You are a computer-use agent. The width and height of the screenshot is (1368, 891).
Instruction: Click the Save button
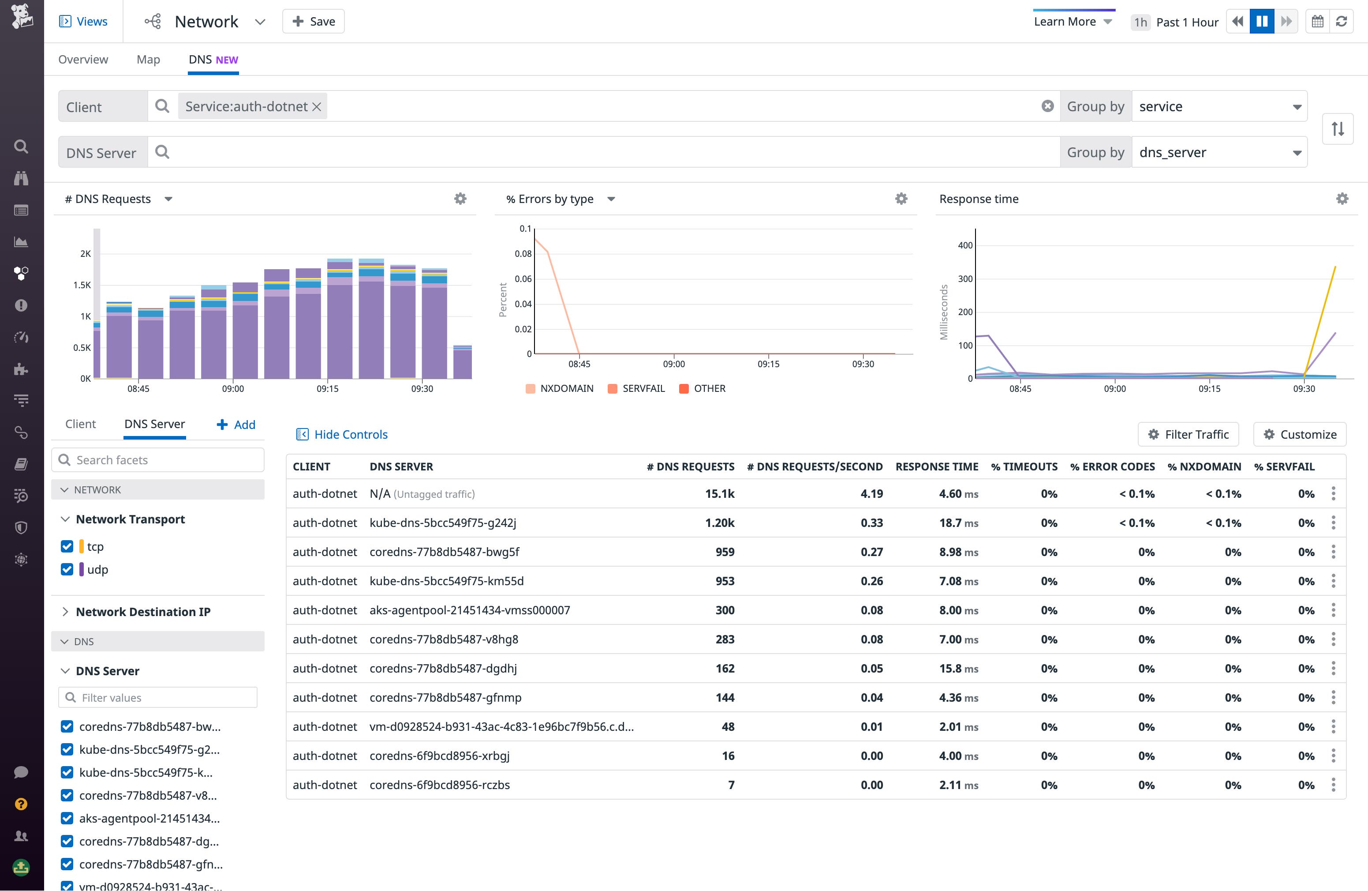click(313, 21)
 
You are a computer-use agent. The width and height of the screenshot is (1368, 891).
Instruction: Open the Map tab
click(148, 59)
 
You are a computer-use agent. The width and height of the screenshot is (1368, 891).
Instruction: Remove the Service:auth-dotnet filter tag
click(316, 106)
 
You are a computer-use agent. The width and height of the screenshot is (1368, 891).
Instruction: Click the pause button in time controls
click(1262, 21)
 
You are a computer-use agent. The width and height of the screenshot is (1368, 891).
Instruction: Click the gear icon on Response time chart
click(1342, 199)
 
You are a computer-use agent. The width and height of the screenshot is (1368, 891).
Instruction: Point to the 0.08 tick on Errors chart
click(523, 254)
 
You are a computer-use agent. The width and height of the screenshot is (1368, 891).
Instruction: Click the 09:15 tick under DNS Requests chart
click(327, 389)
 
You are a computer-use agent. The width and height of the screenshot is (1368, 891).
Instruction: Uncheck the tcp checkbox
click(67, 546)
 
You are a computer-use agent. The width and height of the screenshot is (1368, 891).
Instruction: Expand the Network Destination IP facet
click(65, 612)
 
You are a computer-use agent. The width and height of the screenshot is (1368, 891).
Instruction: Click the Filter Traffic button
click(1188, 434)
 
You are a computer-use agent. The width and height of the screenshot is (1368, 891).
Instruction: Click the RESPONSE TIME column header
click(936, 466)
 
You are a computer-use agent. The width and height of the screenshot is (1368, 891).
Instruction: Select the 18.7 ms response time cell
click(958, 523)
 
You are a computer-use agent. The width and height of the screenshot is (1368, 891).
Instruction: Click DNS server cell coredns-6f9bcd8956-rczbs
click(440, 785)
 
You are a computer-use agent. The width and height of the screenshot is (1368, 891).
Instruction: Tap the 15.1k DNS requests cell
click(720, 493)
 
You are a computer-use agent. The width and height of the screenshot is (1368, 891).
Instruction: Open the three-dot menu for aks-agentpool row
click(1333, 610)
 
